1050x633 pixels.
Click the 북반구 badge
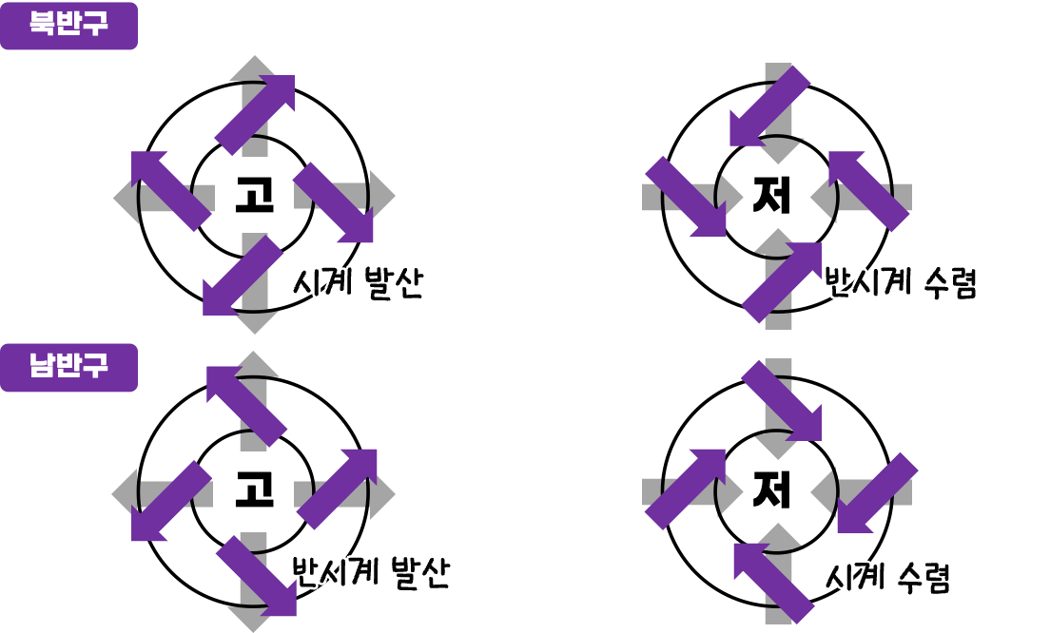point(68,26)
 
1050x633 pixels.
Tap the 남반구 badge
point(68,368)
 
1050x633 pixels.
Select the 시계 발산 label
point(358,283)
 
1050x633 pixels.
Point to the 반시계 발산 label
point(371,573)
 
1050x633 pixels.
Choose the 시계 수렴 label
point(887,577)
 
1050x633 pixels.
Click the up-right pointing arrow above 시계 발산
point(255,115)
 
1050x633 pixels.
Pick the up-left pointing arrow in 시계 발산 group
point(171,190)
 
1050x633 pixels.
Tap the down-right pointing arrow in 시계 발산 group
point(333,202)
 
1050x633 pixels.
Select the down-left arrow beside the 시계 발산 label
point(243,276)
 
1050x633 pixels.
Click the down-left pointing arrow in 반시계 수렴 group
point(769,105)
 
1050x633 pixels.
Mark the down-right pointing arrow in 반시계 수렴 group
point(686,197)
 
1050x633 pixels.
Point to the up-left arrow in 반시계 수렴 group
point(868,191)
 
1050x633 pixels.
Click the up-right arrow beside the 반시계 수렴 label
point(781,282)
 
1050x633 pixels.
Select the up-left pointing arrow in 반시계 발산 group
point(246,406)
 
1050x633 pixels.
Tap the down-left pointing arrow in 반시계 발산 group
point(171,501)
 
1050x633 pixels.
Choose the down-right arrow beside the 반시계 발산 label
point(257,576)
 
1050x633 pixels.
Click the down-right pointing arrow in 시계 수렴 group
point(781,401)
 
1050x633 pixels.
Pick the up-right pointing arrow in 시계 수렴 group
point(685,489)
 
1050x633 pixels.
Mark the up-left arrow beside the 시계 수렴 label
point(774,583)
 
